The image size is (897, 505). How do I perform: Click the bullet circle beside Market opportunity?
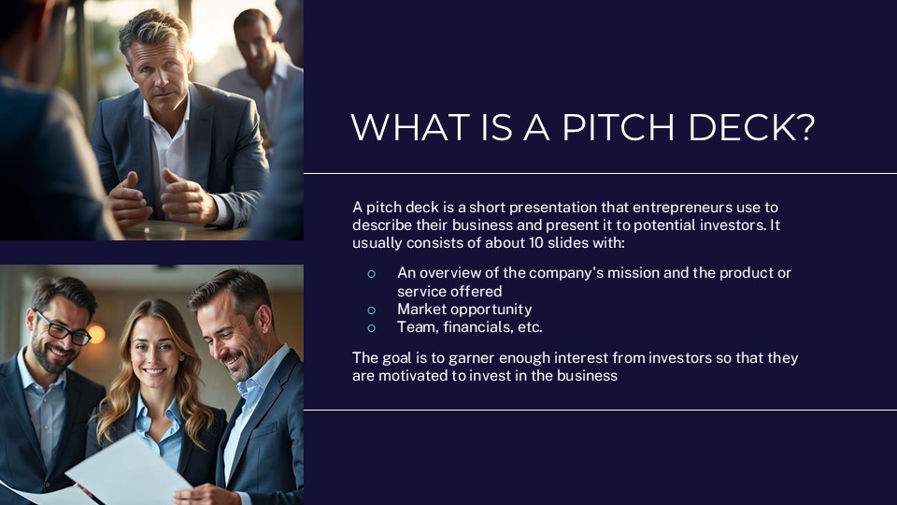point(371,310)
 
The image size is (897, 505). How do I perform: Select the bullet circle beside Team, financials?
point(371,327)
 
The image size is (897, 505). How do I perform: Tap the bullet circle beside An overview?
point(371,273)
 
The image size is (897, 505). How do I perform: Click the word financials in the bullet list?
point(475,327)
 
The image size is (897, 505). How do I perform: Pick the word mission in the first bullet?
point(634,273)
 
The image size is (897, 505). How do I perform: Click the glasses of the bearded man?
point(62,327)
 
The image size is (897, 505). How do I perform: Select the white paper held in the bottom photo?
point(121,472)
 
